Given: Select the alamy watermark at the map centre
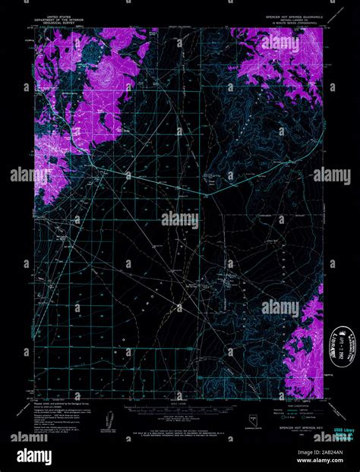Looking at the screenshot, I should pyautogui.click(x=180, y=220).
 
